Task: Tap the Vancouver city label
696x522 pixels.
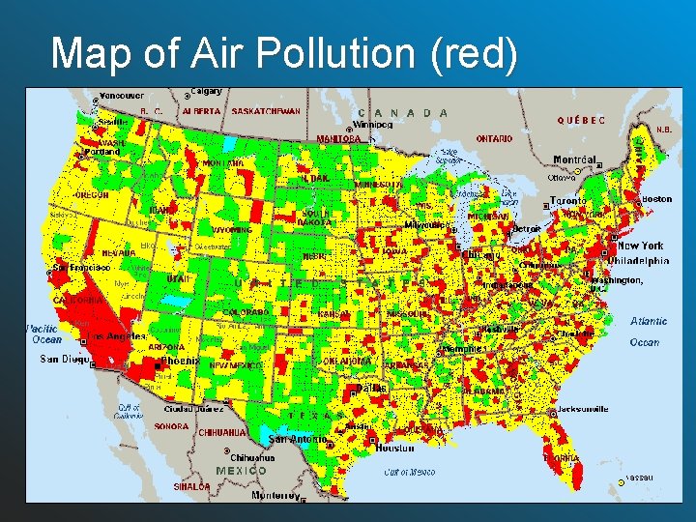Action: tap(121, 96)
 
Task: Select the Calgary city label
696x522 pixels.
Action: tap(206, 92)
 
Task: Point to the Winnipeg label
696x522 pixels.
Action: tap(373, 125)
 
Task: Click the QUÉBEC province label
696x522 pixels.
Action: tap(582, 121)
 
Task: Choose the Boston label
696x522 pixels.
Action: tap(656, 199)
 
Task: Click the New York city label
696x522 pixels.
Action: tap(640, 246)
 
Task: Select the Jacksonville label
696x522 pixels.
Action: tap(584, 409)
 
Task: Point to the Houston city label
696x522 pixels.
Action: tap(394, 449)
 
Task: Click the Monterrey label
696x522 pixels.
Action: tap(275, 495)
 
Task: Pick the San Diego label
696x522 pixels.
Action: tap(64, 359)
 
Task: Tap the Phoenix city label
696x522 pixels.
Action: tap(180, 361)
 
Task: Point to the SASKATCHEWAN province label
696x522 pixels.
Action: tap(266, 111)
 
